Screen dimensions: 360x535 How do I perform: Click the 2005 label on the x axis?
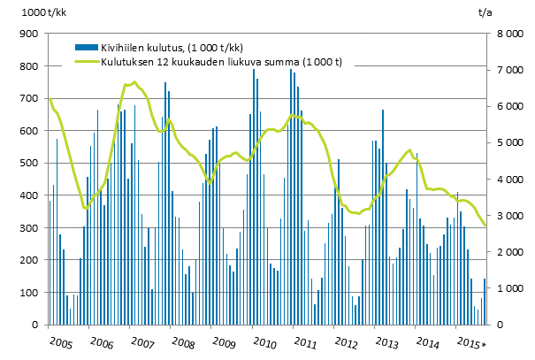click(x=60, y=341)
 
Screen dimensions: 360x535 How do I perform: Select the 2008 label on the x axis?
click(x=183, y=341)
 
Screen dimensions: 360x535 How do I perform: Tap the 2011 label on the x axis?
click(x=305, y=341)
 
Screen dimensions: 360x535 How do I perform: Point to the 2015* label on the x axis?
click(x=470, y=341)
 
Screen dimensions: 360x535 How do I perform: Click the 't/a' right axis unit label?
click(x=485, y=12)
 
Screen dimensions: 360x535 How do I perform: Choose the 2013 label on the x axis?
click(x=386, y=341)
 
